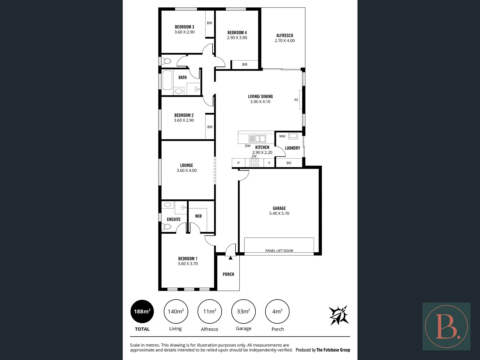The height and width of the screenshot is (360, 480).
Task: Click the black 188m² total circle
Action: (x=142, y=311)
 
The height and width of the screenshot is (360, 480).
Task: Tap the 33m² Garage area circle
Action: (x=244, y=311)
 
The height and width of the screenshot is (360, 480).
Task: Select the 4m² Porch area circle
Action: (x=277, y=311)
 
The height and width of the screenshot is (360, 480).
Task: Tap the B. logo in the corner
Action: (x=446, y=326)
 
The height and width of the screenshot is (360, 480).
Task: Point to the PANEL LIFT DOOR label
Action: (x=279, y=251)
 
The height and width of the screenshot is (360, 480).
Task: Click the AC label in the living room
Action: (x=296, y=100)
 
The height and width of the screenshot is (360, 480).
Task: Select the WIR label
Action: (x=199, y=216)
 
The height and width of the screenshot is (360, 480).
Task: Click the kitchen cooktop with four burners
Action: (x=254, y=163)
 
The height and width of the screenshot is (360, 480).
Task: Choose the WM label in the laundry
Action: (x=282, y=136)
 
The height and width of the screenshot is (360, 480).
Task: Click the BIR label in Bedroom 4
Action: (x=245, y=65)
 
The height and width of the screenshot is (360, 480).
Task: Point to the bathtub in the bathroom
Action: (x=167, y=80)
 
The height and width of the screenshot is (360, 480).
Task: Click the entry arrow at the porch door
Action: (x=230, y=258)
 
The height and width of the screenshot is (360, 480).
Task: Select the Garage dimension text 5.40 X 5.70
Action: (x=279, y=213)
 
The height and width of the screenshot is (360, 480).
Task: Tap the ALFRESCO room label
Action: (x=285, y=35)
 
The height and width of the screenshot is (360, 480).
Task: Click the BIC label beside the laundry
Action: (x=289, y=163)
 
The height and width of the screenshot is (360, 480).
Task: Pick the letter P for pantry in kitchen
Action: (x=238, y=163)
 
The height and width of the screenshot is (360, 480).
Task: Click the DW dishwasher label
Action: (x=248, y=146)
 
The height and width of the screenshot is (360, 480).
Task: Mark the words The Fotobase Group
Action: (x=333, y=350)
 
